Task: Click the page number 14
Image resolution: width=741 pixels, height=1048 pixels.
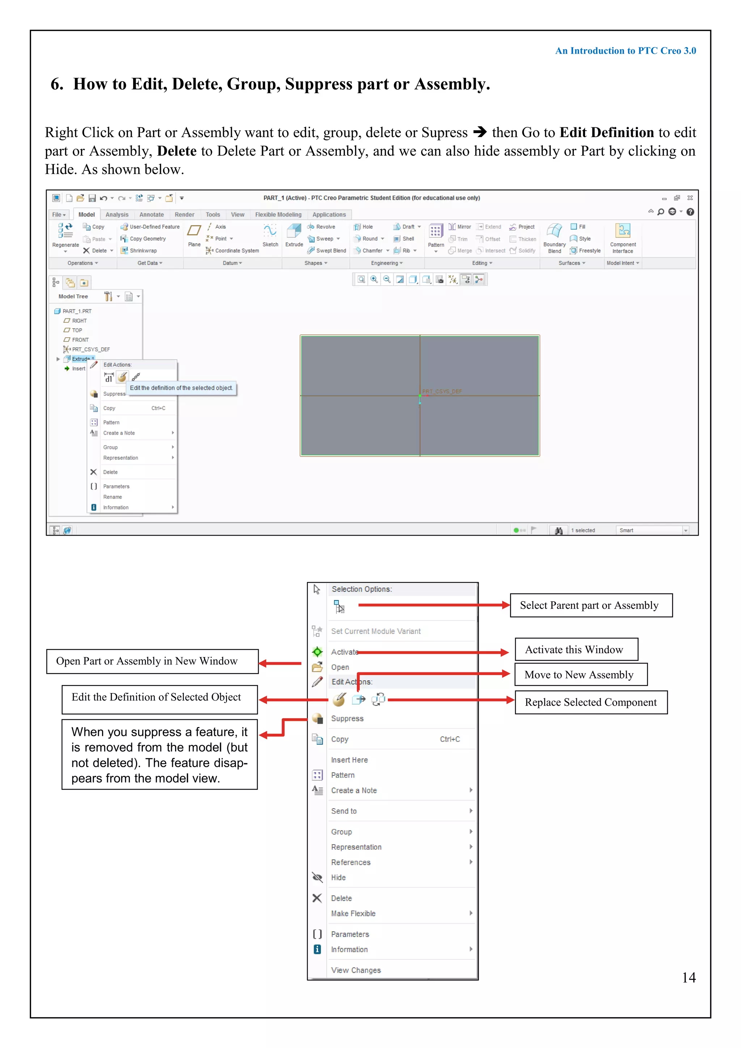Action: coord(689,978)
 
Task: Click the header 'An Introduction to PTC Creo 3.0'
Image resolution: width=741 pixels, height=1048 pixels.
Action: coord(625,51)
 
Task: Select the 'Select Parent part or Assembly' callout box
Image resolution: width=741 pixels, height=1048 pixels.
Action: coord(591,606)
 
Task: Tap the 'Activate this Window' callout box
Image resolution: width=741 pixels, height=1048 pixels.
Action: coord(576,650)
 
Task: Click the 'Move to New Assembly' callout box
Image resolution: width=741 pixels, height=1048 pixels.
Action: coord(580,675)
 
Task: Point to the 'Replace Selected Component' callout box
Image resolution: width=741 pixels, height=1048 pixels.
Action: coord(591,702)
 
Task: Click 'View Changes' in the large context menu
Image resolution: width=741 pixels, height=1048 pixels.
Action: coord(356,970)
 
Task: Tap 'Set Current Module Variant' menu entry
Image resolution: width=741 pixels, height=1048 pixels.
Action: coord(376,631)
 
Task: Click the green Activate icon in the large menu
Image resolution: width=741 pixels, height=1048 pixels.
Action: coord(317,652)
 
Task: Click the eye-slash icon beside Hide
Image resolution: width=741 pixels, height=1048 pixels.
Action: coord(317,877)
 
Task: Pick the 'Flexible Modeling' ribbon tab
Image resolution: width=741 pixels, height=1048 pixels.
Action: coord(278,215)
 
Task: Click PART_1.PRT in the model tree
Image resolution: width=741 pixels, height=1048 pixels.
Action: coord(77,311)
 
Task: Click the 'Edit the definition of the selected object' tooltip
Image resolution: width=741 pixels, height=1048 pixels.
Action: coord(181,388)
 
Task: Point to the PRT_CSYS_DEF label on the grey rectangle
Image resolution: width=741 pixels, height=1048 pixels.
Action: coord(442,392)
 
